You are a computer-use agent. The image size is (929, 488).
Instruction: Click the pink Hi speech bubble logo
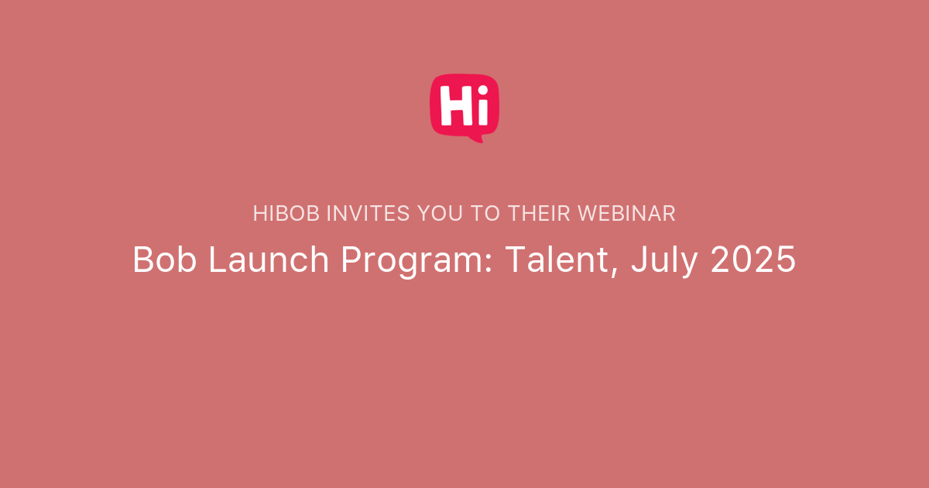click(x=464, y=106)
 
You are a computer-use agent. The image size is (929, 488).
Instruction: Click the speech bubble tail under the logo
click(x=475, y=139)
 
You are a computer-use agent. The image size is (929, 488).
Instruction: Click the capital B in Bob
click(x=142, y=260)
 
